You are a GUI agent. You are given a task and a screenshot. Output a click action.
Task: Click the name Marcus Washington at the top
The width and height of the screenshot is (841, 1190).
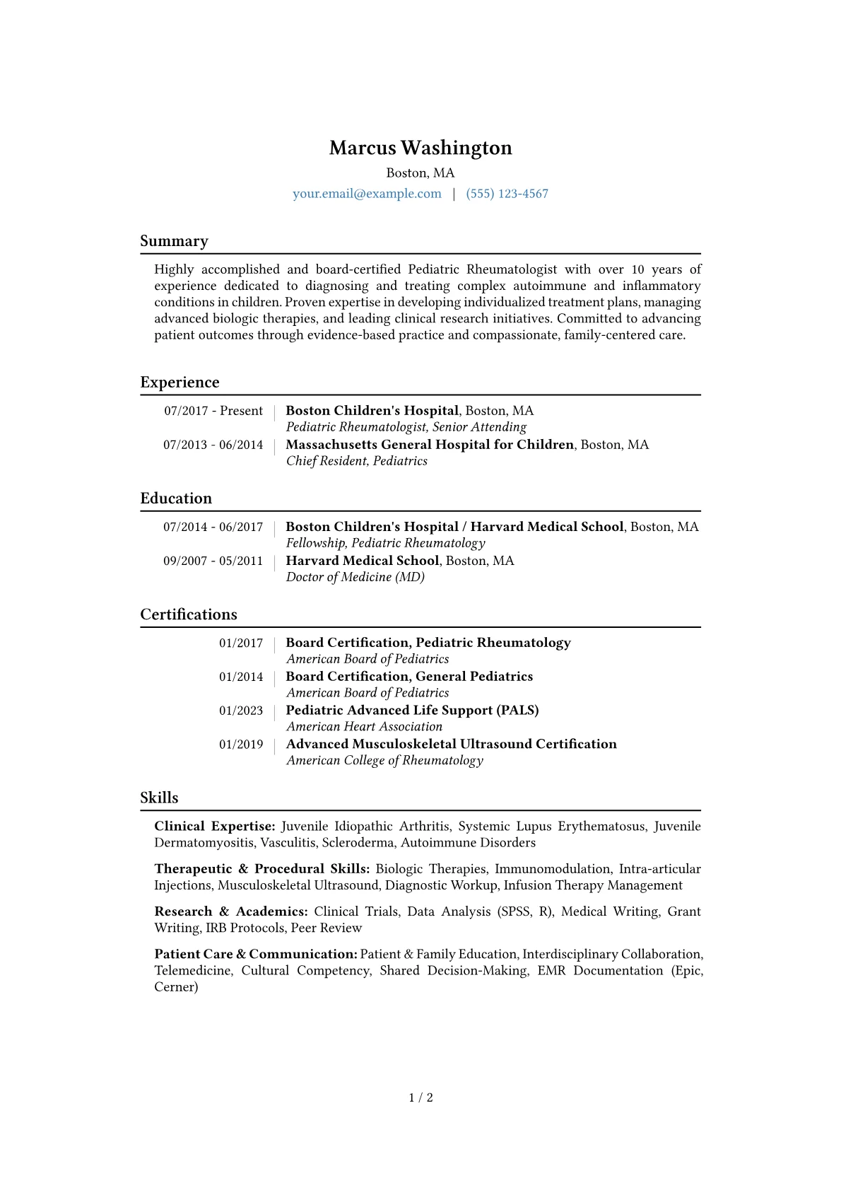point(420,148)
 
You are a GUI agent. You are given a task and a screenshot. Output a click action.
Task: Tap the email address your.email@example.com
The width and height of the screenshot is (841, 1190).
point(367,194)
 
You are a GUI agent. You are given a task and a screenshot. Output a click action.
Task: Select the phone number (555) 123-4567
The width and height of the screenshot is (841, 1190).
point(507,194)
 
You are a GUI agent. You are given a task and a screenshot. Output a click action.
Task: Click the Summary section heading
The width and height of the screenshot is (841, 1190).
point(174,241)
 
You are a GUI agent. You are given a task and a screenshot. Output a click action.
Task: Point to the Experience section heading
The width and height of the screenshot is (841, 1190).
point(180,383)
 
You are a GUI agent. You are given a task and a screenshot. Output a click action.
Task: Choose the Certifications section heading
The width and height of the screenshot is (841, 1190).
point(189,614)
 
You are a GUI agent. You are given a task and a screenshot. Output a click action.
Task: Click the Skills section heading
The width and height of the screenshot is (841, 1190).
point(159,798)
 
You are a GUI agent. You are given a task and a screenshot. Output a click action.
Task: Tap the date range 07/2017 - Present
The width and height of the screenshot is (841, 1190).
point(213,411)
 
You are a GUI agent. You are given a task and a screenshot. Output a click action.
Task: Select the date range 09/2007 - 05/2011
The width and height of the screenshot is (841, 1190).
point(213,561)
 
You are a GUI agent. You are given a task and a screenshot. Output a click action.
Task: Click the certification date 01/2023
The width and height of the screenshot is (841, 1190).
point(240,711)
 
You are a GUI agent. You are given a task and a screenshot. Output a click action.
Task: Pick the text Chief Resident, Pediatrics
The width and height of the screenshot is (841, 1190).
point(357,461)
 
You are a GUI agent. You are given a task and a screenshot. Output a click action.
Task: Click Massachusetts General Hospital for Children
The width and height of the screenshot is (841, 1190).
point(430,445)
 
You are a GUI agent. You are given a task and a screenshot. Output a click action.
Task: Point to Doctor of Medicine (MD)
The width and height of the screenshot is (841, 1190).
point(355,577)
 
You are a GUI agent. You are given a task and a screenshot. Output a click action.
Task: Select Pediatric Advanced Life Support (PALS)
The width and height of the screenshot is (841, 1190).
point(412,710)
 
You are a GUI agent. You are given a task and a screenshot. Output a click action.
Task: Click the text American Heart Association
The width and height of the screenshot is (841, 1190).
point(364,727)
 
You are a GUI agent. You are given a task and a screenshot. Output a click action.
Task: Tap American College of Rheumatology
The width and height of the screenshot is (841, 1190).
point(384,761)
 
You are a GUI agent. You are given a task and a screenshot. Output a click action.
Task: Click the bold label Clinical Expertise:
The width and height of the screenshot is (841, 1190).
point(215,827)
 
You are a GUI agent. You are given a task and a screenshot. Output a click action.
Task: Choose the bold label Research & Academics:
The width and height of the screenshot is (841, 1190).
point(231,911)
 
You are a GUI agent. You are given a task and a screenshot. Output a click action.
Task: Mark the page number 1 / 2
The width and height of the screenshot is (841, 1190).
point(420,1097)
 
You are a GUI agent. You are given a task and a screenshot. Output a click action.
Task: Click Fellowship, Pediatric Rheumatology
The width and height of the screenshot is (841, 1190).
point(385,543)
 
